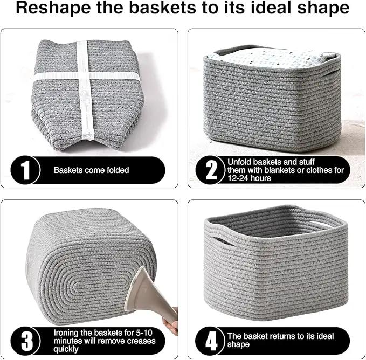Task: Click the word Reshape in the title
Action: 53,9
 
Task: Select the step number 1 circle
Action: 25,170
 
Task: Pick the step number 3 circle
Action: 25,341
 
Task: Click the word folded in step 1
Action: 118,170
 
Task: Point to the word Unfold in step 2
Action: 239,162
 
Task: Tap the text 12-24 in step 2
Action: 238,178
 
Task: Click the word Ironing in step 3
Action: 66,333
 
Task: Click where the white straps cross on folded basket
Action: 85,75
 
